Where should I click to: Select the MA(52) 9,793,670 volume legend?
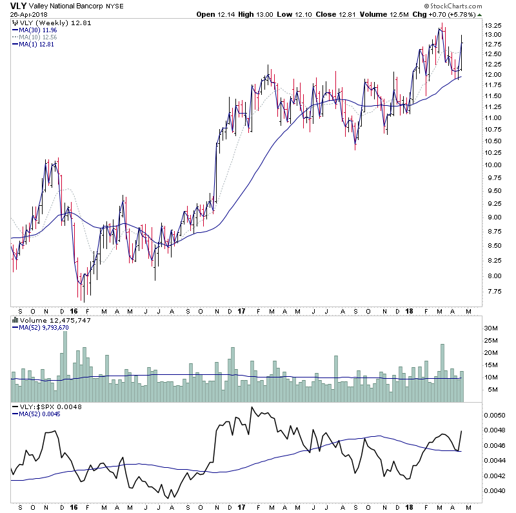[44, 328]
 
